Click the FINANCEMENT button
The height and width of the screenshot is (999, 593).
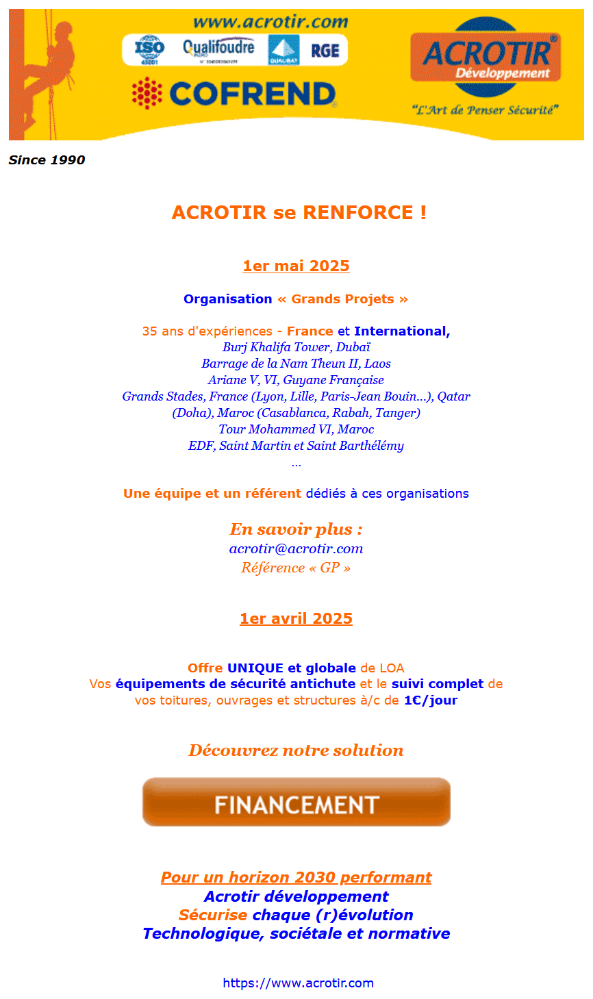[x=296, y=802]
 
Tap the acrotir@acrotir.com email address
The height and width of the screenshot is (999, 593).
[x=296, y=548]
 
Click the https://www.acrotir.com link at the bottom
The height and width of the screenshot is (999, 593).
[x=298, y=983]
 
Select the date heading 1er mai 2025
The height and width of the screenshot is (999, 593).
[x=296, y=266]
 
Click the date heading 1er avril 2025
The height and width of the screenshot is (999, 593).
[x=296, y=618]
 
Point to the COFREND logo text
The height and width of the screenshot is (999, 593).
[x=252, y=94]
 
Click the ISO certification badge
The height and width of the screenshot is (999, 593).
[x=149, y=50]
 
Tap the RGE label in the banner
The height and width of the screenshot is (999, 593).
[x=325, y=51]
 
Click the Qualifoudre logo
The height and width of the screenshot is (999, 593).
[x=218, y=49]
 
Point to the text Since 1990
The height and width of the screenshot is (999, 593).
[x=47, y=160]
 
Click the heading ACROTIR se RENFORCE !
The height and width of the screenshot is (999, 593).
[x=299, y=212]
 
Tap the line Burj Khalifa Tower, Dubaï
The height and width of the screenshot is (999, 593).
[x=296, y=347]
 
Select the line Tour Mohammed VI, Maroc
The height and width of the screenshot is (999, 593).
[x=296, y=429]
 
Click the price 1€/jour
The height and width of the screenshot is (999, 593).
[x=430, y=700]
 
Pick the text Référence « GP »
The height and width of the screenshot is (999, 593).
[x=296, y=568]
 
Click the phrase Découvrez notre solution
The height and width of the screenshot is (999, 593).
[x=296, y=750]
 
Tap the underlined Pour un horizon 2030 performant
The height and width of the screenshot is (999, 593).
[x=296, y=878]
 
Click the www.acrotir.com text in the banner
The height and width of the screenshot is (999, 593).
[x=270, y=22]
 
